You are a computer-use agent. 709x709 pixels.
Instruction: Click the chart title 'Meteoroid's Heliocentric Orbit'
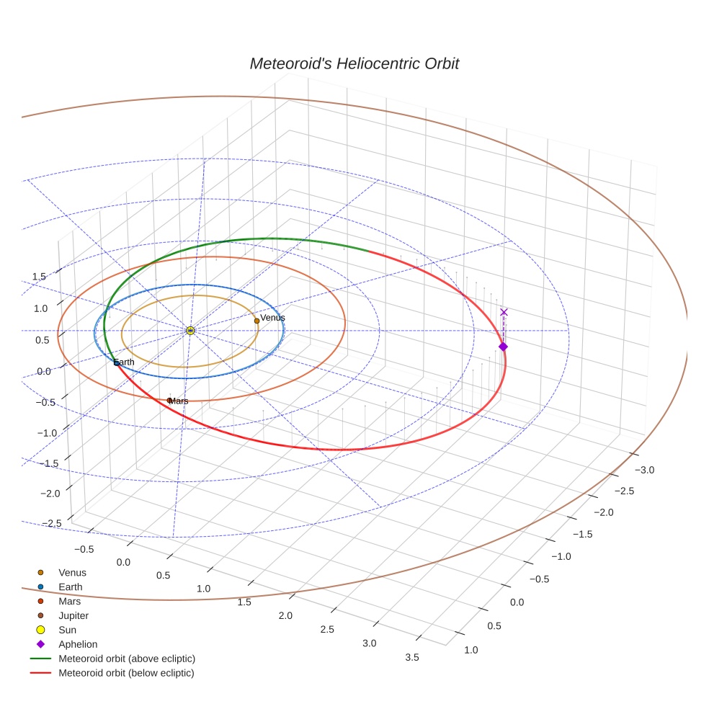click(x=354, y=64)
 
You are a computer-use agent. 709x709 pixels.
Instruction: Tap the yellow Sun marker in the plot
click(x=190, y=330)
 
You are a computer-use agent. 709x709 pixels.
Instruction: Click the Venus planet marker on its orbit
click(x=257, y=321)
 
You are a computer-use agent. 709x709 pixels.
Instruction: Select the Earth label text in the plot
click(x=124, y=362)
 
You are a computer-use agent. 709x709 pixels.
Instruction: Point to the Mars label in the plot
click(x=179, y=401)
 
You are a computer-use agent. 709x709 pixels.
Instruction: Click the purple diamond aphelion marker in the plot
click(x=503, y=347)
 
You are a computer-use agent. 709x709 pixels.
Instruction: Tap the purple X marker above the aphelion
click(x=504, y=312)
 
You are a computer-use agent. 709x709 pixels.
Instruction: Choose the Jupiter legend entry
click(x=73, y=616)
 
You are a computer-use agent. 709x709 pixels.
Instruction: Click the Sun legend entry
click(x=67, y=630)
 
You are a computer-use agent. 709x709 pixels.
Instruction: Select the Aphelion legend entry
click(x=77, y=645)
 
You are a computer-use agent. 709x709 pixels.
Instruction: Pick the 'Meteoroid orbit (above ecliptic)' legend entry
click(x=126, y=659)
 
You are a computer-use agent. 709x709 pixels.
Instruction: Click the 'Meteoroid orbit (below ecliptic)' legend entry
click(x=126, y=673)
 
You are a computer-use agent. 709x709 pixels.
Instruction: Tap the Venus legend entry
click(x=72, y=573)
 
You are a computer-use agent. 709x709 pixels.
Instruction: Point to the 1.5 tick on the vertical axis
click(x=40, y=277)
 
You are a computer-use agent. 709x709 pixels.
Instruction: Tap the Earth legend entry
click(x=70, y=587)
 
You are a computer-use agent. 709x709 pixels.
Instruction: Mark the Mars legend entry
click(x=69, y=602)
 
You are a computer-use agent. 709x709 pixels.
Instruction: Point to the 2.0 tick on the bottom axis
click(x=286, y=615)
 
